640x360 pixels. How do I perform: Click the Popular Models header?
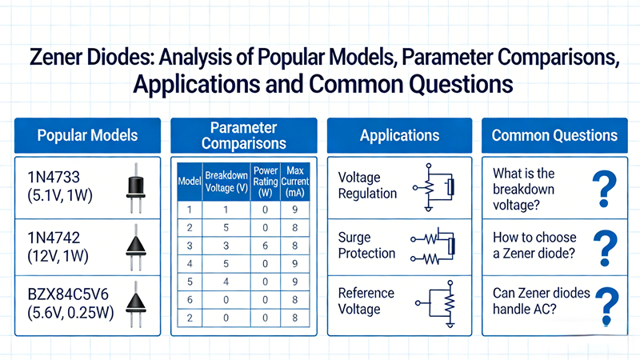(87, 135)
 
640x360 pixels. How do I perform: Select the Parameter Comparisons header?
(244, 135)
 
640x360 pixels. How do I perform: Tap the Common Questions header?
(554, 135)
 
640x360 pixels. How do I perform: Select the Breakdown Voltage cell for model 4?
(226, 263)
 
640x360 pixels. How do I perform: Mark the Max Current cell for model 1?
(295, 210)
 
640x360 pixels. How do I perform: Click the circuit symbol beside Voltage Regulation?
(437, 186)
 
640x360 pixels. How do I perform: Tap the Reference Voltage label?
(366, 302)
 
